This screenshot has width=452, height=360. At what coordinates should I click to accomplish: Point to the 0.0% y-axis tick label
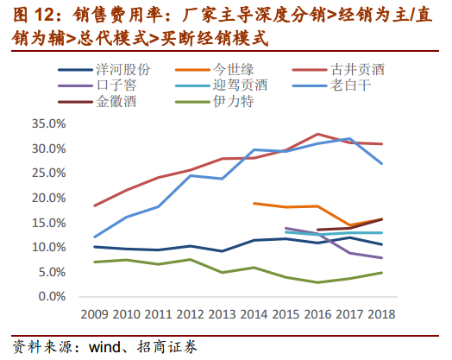click(52, 296)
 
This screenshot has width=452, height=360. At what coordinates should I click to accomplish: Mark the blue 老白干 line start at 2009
click(95, 237)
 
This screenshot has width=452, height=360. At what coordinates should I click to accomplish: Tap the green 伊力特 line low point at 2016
click(318, 282)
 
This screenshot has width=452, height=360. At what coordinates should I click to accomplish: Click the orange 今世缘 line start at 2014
click(254, 203)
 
